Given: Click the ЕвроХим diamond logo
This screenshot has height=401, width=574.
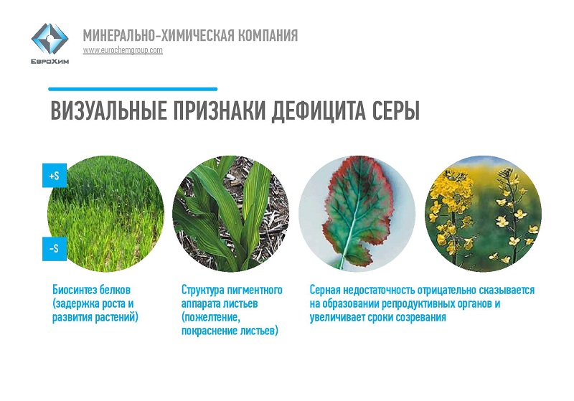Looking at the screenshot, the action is pos(50,39).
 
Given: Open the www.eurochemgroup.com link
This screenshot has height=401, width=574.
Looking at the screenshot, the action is pos(123,50).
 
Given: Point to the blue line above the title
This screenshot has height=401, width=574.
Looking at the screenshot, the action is pos(133,89).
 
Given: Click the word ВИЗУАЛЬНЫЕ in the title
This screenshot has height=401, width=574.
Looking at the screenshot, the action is pos(109,110).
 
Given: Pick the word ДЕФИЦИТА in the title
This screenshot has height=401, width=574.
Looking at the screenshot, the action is pos(319,110).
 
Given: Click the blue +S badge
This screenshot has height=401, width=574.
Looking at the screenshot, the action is pos(55,176).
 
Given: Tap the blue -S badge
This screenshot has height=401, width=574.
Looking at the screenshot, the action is pos(55,249).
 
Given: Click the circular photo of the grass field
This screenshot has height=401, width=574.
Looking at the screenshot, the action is pos(106,214).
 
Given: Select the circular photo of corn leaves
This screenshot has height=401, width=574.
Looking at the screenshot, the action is pos(230,214).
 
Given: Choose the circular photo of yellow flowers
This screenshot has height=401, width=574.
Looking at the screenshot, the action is pos(483,214).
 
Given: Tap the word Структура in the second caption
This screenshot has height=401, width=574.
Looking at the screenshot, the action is pos(203,290).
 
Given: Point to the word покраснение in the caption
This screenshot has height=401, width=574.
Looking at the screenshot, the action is pos(210,331).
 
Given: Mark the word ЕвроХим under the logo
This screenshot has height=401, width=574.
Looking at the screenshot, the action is pos(50,62).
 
